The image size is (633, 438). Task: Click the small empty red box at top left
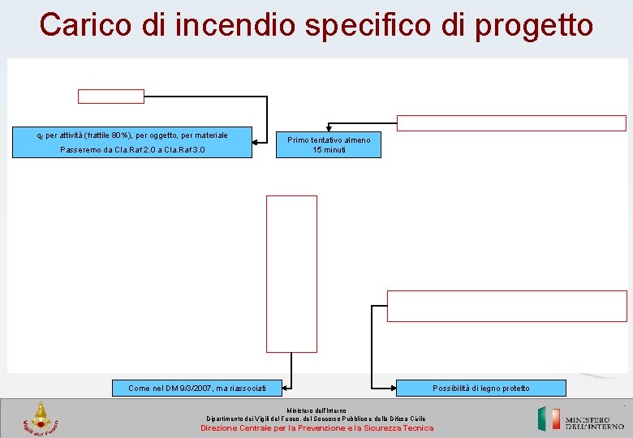110,97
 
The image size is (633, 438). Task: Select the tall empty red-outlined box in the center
291,273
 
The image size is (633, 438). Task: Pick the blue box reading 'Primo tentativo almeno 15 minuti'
329,145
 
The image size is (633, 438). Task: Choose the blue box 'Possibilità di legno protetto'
481,388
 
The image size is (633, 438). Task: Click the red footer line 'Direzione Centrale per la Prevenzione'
316,427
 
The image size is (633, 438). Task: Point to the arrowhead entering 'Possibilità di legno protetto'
376,383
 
